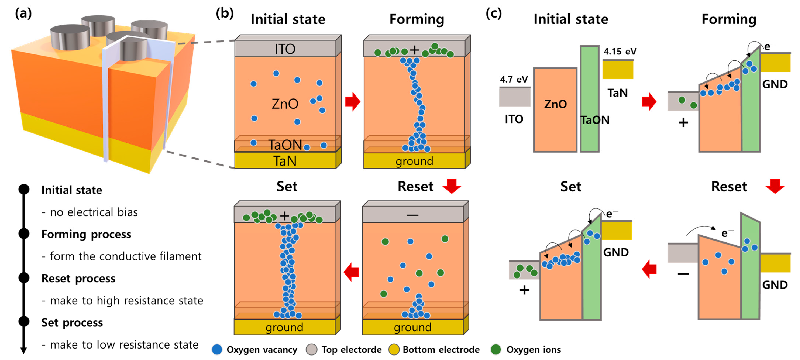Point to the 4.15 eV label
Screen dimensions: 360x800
pyautogui.click(x=620, y=51)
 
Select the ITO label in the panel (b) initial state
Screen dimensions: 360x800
pyautogui.click(x=285, y=49)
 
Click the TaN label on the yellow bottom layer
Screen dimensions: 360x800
pyautogui.click(x=285, y=161)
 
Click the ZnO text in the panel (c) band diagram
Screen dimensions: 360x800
pyautogui.click(x=555, y=104)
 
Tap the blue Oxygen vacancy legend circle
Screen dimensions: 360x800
pyautogui.click(x=217, y=349)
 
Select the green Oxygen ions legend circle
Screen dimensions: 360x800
pyautogui.click(x=496, y=349)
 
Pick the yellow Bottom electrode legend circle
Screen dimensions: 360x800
pyautogui.click(x=394, y=349)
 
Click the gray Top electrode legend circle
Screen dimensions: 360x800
pyautogui.click(x=311, y=349)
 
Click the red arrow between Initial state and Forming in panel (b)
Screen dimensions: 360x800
pyautogui.click(x=353, y=102)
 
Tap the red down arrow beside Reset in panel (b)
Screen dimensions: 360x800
pyautogui.click(x=452, y=186)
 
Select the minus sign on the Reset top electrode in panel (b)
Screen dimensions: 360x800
pyautogui.click(x=412, y=215)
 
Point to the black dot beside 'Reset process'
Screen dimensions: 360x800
pyautogui.click(x=24, y=278)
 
